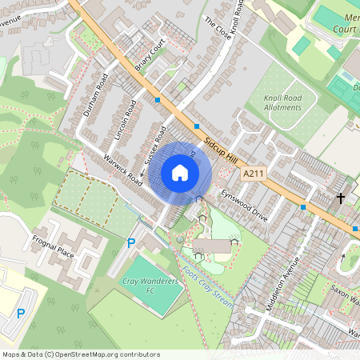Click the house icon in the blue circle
[180, 173]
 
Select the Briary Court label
[150, 55]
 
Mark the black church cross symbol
[340, 198]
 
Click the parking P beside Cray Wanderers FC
[131, 242]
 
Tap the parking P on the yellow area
[22, 314]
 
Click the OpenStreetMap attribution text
[80, 354]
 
